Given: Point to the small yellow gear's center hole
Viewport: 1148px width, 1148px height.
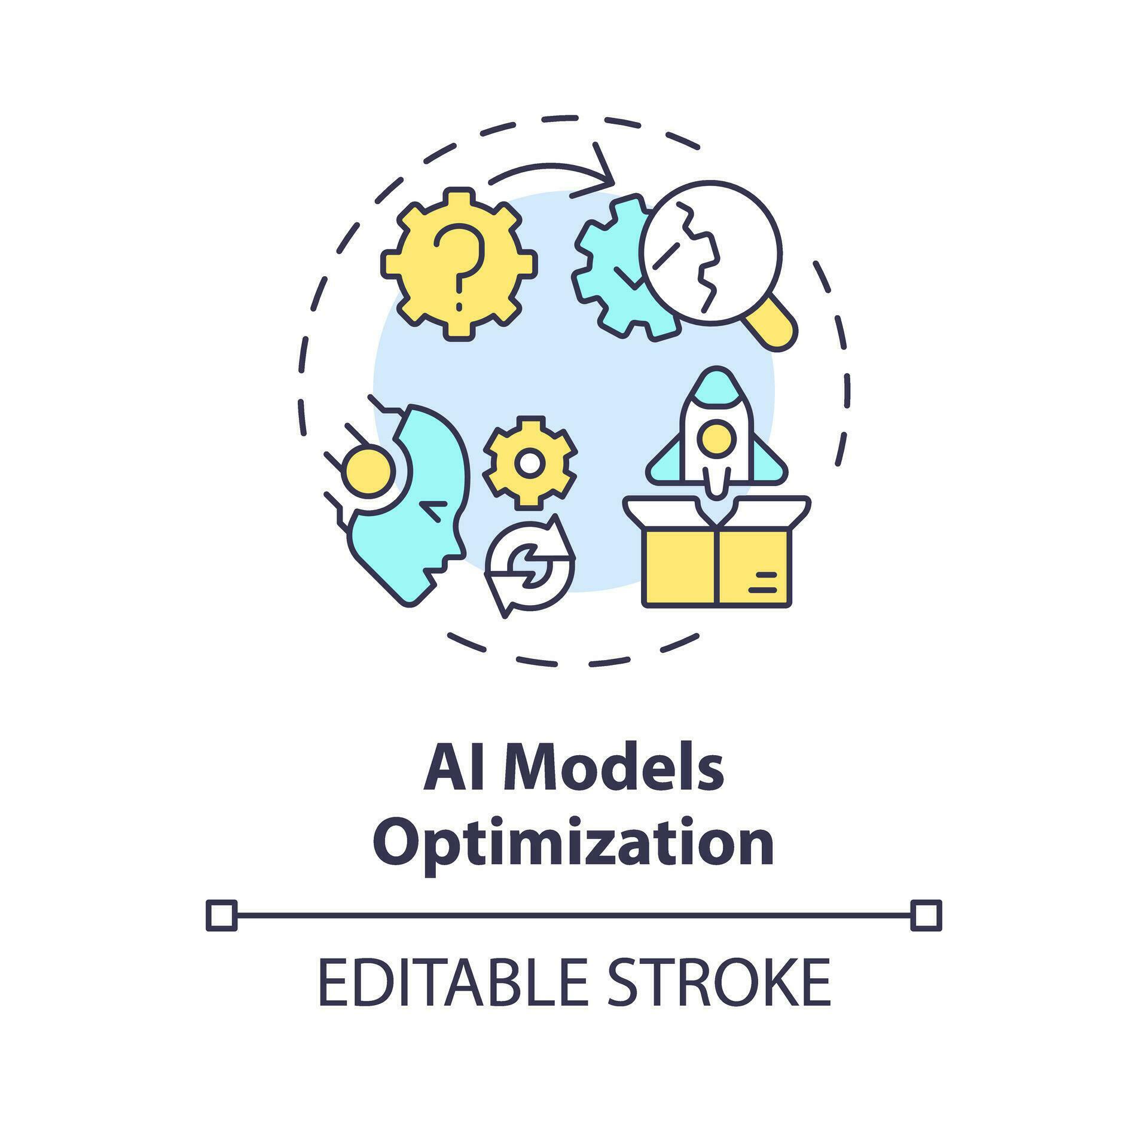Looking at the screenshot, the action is [530, 463].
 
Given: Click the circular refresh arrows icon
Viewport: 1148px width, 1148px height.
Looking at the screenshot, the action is [530, 565].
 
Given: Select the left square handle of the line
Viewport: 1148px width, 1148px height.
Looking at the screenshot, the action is [221, 915].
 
